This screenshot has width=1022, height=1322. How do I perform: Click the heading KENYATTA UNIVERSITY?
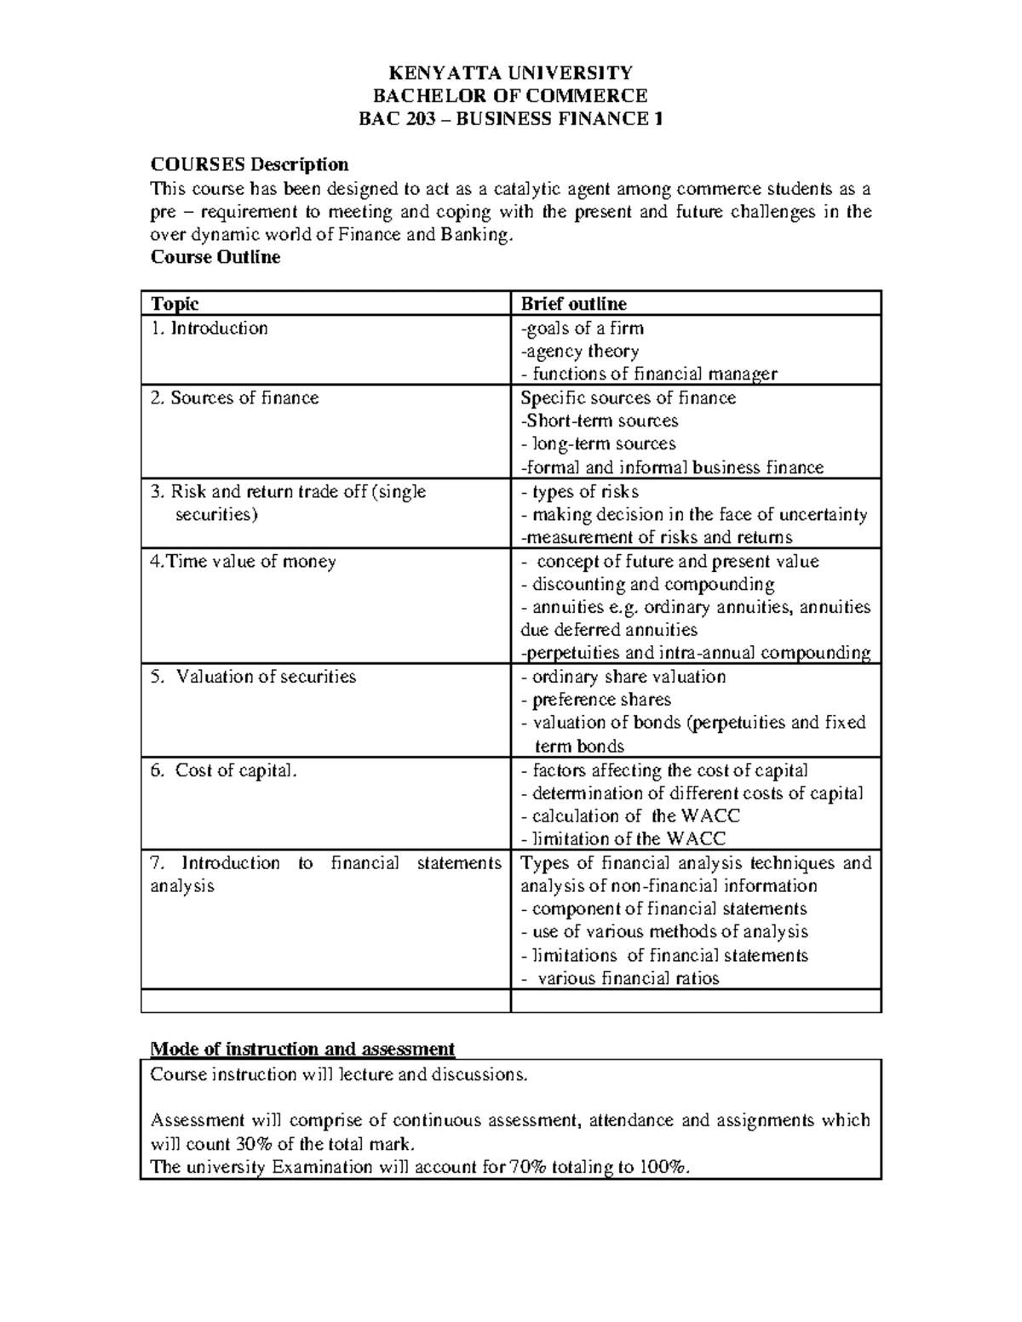click(x=510, y=72)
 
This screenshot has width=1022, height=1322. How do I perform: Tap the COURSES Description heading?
click(x=250, y=164)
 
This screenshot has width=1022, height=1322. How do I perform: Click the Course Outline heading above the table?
click(x=215, y=257)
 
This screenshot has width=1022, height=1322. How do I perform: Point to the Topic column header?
click(x=175, y=304)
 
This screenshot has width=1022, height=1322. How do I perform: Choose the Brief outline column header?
click(x=573, y=304)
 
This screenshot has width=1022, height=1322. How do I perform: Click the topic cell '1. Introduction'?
click(x=209, y=329)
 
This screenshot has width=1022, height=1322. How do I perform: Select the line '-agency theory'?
click(x=579, y=352)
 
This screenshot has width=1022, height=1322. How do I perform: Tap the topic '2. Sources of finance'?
click(x=234, y=398)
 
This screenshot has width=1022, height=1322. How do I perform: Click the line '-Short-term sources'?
click(x=599, y=421)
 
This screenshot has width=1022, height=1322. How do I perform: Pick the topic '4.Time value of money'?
click(x=243, y=562)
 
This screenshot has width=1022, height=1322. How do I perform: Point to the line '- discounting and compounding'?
click(x=647, y=585)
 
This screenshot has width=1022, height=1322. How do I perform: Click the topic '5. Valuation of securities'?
click(x=253, y=677)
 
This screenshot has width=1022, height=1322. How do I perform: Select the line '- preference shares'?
click(x=595, y=700)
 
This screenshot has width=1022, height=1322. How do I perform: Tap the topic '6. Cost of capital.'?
click(x=225, y=770)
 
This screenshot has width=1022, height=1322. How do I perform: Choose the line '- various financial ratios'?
click(x=620, y=979)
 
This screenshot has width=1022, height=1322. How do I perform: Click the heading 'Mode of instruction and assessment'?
click(x=302, y=1049)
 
